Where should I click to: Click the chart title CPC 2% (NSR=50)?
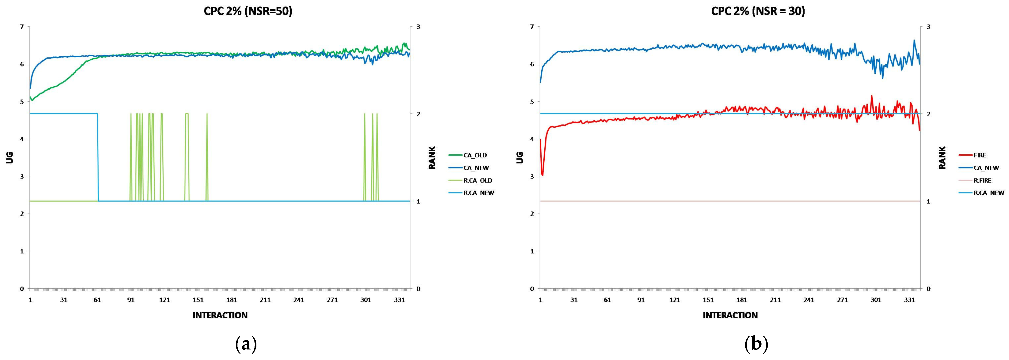(x=248, y=12)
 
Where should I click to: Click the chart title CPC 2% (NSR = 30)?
(x=758, y=12)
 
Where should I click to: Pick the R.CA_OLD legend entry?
(x=477, y=181)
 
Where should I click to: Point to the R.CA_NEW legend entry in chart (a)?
(x=479, y=193)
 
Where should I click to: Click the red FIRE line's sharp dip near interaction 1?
(x=542, y=175)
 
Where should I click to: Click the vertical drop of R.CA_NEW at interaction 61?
(x=98, y=157)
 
